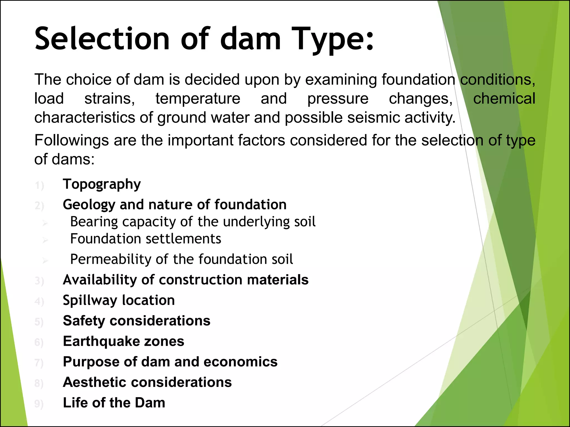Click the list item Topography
102,184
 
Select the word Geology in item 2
89,205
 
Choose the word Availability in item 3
100,280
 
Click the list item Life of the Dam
114,403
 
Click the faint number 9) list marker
39,404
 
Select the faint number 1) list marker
39,185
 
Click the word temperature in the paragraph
198,99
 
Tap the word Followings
71,140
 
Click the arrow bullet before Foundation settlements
45,240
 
